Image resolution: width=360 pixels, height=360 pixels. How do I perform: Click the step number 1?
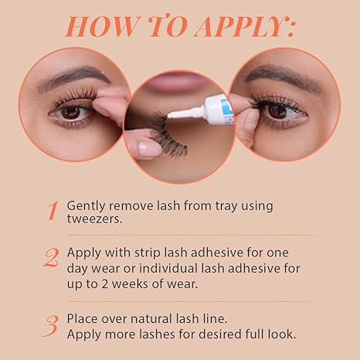pos(53,211)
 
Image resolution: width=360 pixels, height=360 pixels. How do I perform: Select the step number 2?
pos(51,257)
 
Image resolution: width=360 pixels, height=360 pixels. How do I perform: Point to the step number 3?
pos(51,326)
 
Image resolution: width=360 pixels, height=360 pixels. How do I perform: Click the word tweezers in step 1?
pos(94,219)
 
